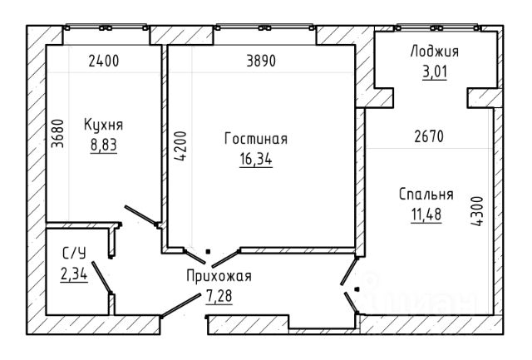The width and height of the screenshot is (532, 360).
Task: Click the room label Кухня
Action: pyautogui.click(x=103, y=125)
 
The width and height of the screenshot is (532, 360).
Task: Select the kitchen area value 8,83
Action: pyautogui.click(x=103, y=145)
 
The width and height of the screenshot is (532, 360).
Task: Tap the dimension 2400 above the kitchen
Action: pyautogui.click(x=104, y=61)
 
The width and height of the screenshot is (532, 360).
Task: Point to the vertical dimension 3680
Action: pyautogui.click(x=57, y=134)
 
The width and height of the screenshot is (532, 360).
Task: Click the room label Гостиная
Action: pyautogui.click(x=256, y=139)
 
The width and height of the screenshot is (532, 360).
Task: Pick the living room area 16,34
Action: pyautogui.click(x=256, y=159)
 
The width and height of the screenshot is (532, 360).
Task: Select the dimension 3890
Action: pyautogui.click(x=261, y=61)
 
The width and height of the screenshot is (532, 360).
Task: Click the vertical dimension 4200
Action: pyautogui.click(x=180, y=145)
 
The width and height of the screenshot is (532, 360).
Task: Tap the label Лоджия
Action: pyautogui.click(x=435, y=52)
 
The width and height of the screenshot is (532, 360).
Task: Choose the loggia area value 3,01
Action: pyautogui.click(x=435, y=72)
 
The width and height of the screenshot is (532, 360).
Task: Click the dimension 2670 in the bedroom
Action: pyautogui.click(x=429, y=136)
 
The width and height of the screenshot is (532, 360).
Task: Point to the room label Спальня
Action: pyautogui.click(x=426, y=195)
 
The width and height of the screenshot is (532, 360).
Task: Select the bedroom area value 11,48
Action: pyautogui.click(x=426, y=215)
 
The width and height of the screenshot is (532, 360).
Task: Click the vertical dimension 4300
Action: pyautogui.click(x=477, y=211)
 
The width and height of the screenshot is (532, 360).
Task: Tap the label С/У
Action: pyautogui.click(x=74, y=253)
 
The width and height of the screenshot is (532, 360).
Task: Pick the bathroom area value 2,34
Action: pyautogui.click(x=74, y=274)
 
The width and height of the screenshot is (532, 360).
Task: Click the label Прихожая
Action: pyautogui.click(x=219, y=277)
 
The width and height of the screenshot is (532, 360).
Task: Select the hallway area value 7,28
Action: pyautogui.click(x=219, y=296)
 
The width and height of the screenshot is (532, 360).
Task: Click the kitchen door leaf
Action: pyautogui.click(x=140, y=215)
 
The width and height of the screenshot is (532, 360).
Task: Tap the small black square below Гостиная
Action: pyautogui.click(x=208, y=252)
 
